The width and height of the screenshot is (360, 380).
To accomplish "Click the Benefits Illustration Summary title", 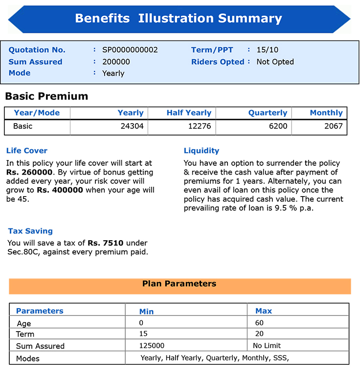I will pyautogui.click(x=179, y=19).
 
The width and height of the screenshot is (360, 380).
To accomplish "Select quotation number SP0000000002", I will pyautogui.click(x=130, y=50).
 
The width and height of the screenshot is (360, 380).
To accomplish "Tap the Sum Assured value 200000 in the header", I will pyautogui.click(x=116, y=62).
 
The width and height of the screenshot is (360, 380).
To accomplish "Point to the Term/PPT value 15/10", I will pyautogui.click(x=267, y=50).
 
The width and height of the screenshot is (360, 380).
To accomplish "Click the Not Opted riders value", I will pyautogui.click(x=275, y=62).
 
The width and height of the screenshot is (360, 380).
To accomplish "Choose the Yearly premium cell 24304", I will pyautogui.click(x=132, y=126).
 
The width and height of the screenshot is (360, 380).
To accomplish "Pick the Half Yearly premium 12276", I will pyautogui.click(x=200, y=126).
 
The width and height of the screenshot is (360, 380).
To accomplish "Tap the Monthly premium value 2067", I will pyautogui.click(x=334, y=126).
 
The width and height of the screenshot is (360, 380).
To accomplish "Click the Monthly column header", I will pyautogui.click(x=326, y=112).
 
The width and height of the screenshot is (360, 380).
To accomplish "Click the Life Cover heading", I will pyautogui.click(x=27, y=151).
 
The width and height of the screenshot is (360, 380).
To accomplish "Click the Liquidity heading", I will pyautogui.click(x=202, y=151).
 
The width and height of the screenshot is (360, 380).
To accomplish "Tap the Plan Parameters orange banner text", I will pyautogui.click(x=179, y=284).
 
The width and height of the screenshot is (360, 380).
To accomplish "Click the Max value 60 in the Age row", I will pyautogui.click(x=259, y=323).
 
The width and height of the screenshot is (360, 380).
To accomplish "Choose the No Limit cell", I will pyautogui.click(x=267, y=345).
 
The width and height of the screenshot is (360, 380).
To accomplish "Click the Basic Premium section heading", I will pyautogui.click(x=46, y=96).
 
